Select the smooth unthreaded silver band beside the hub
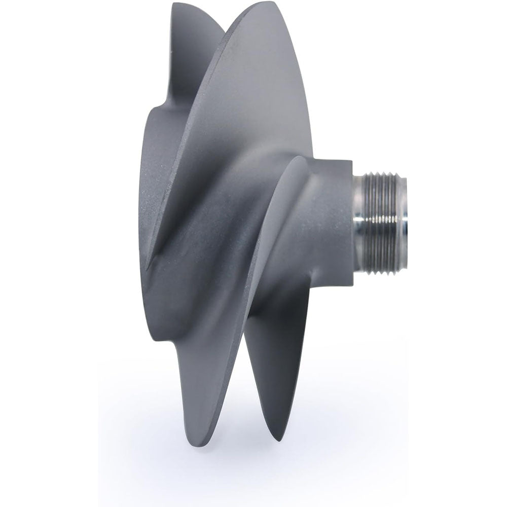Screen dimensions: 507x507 point(361,223)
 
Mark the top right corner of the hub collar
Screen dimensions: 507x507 point(352,160)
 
